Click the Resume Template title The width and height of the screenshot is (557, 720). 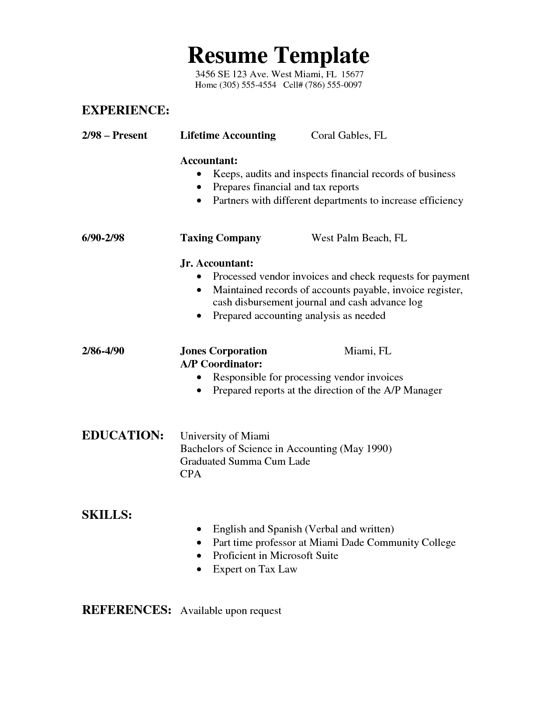pos(278,55)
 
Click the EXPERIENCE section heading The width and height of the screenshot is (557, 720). pos(125,110)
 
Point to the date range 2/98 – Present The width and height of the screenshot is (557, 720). pos(114,136)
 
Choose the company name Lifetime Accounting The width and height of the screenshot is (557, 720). pos(228,136)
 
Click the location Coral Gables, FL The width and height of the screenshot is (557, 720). pos(349,136)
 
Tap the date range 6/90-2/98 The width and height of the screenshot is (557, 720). pos(103,238)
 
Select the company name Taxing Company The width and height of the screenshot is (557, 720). pos(220,238)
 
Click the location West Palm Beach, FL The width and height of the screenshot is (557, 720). pos(359,238)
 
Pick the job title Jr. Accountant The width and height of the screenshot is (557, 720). pos(217,264)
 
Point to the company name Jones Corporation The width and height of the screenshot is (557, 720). pos(223,351)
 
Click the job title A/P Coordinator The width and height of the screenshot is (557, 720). pos(221,364)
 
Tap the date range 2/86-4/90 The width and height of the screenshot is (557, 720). pos(103,351)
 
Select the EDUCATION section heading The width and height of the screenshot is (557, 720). pos(123,435)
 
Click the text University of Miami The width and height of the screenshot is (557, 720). pos(225,436)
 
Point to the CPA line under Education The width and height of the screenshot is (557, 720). pos(190,474)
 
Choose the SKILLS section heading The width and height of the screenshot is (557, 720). pos(107,515)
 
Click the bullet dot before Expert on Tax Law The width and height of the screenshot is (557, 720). pos(200,569)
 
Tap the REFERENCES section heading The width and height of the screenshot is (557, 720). pos(126,610)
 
